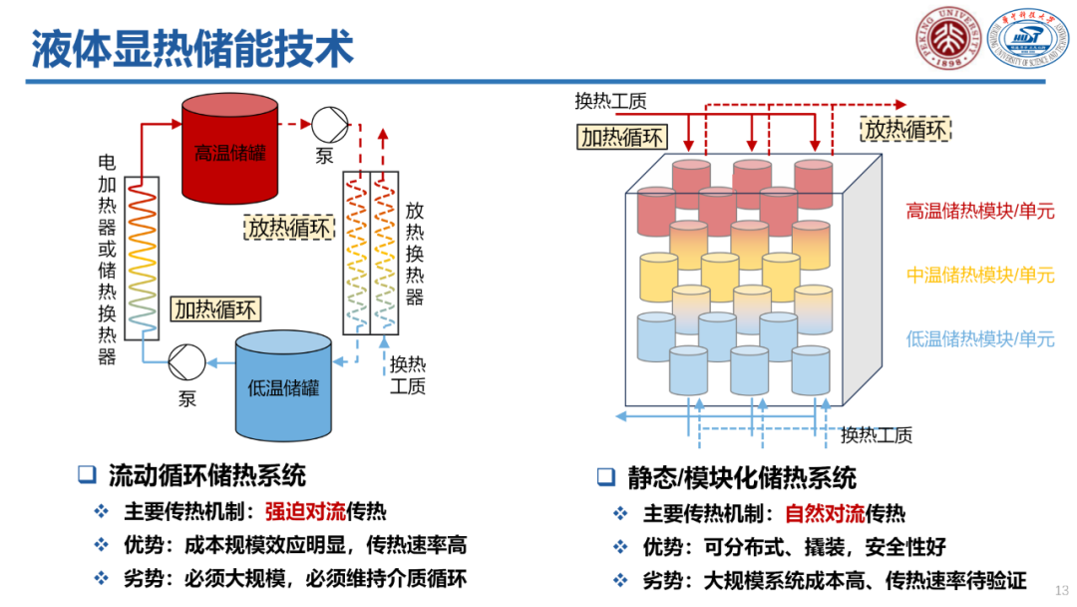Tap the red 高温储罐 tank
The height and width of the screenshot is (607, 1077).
coord(229,150)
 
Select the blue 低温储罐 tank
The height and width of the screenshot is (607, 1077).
coord(282,386)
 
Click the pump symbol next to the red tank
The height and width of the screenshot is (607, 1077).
coord(326,126)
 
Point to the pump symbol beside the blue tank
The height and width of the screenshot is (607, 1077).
coord(186,361)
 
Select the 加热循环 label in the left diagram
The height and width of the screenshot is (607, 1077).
coord(213,309)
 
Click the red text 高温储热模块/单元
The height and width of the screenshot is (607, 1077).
coord(979,211)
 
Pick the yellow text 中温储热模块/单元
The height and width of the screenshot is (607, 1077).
coord(979,275)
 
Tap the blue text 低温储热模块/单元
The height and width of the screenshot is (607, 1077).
coord(979,339)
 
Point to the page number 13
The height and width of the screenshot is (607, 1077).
coord(1061,589)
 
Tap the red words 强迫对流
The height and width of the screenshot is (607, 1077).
coord(304,512)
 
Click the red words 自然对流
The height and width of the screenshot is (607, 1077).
coord(824,514)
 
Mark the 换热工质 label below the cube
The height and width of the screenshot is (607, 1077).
coord(876,435)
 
